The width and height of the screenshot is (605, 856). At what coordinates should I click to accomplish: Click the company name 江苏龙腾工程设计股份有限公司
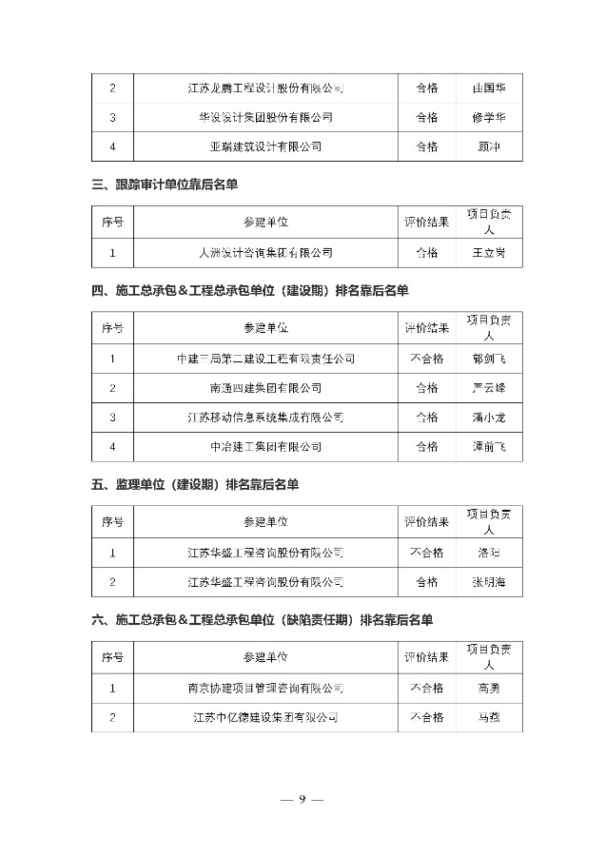point(265,88)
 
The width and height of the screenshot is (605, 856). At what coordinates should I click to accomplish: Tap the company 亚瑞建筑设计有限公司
point(265,146)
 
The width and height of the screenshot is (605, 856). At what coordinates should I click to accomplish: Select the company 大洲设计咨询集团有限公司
point(265,252)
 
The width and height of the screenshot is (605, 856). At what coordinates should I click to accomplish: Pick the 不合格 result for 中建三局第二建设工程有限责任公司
point(427,359)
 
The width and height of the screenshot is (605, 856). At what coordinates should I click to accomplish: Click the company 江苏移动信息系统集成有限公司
point(265,417)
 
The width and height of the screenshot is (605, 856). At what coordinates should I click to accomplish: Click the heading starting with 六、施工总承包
point(263,619)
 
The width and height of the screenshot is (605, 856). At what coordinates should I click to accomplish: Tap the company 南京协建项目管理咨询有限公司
point(265,688)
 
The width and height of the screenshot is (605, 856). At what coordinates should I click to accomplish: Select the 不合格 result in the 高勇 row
point(427,688)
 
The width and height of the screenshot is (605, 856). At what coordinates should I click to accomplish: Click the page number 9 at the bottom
point(302,799)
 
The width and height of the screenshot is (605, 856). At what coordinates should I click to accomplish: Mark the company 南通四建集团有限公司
point(265,388)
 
